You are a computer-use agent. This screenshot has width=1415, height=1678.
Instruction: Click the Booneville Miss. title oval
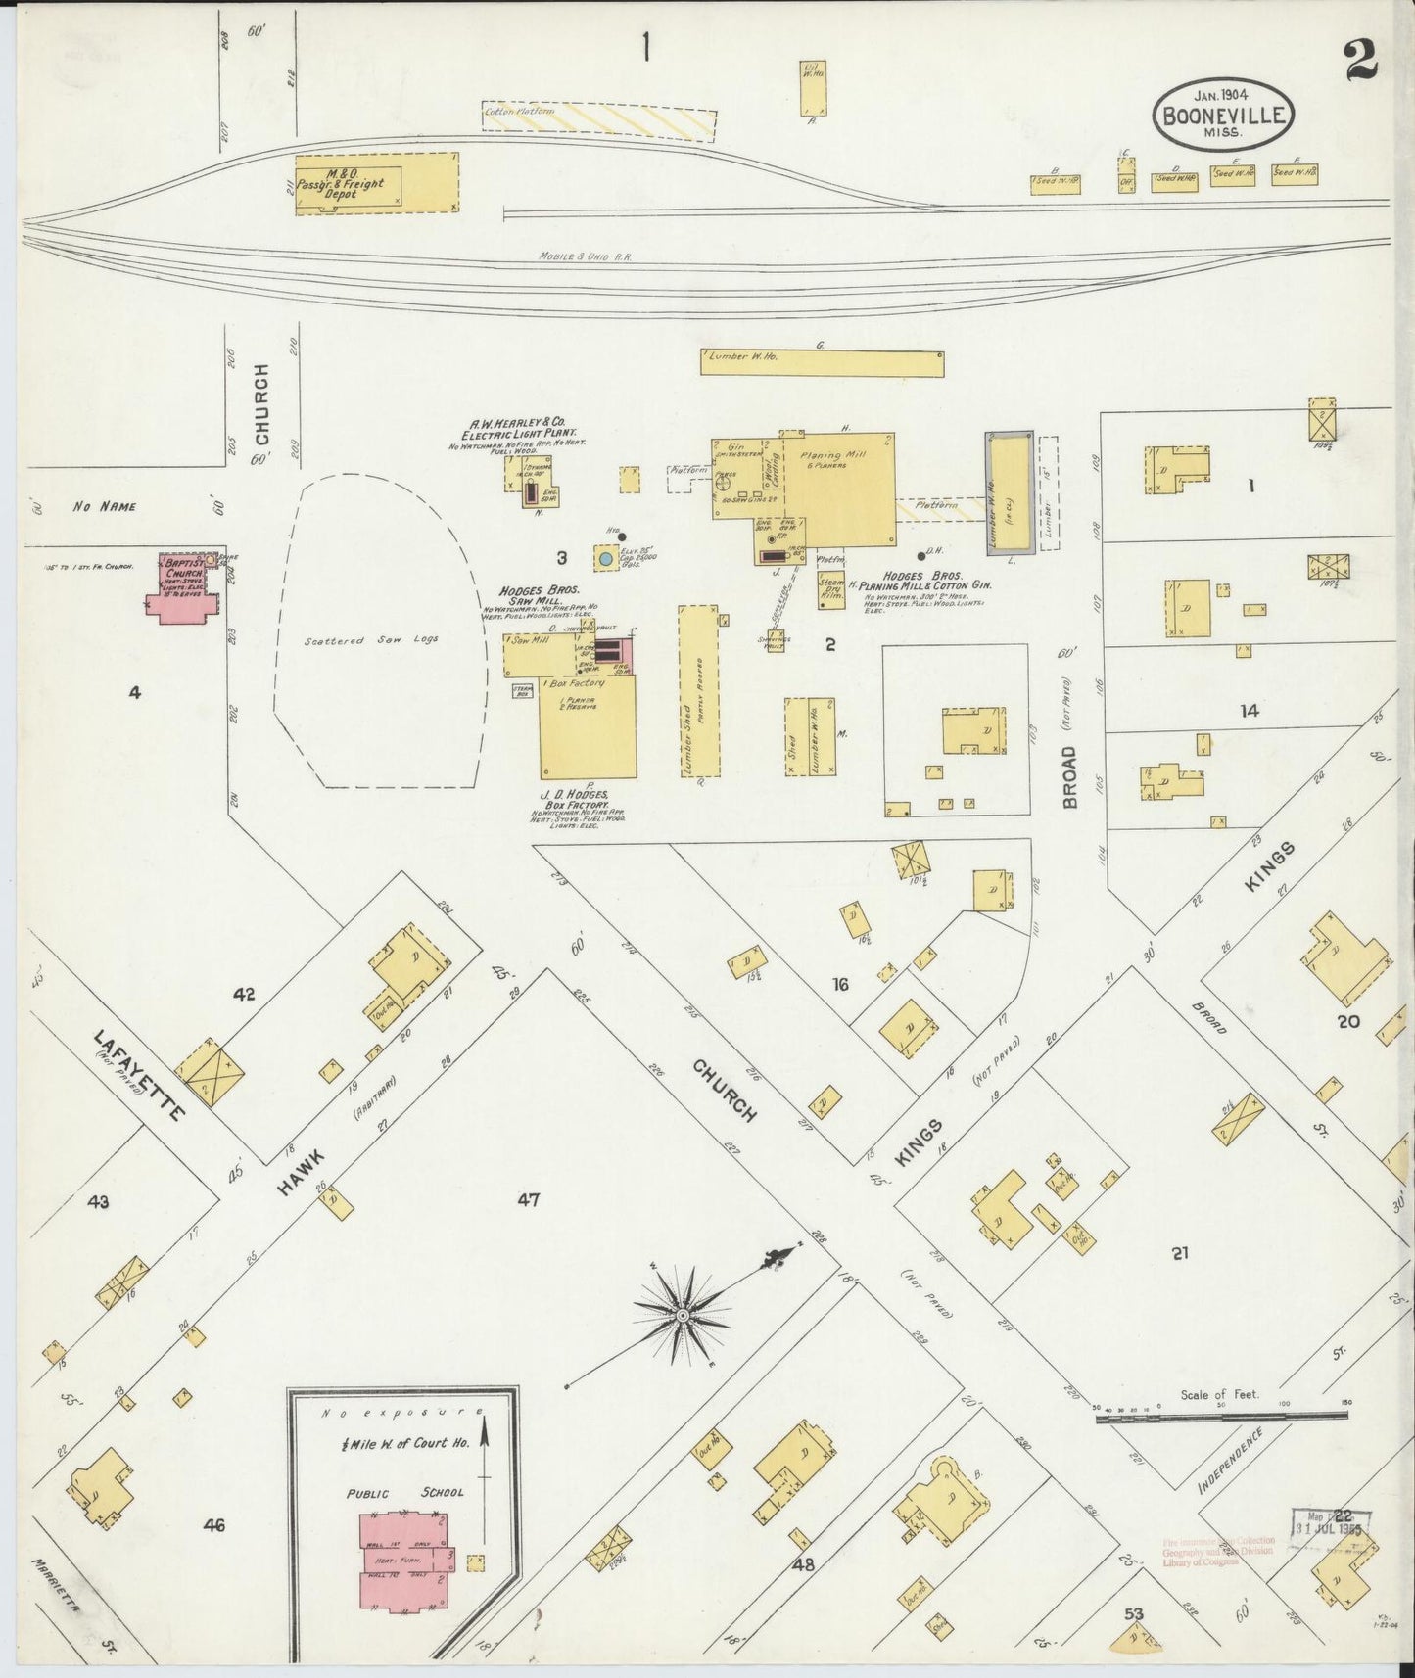[1223, 113]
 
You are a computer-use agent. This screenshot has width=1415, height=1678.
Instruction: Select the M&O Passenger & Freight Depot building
[376, 182]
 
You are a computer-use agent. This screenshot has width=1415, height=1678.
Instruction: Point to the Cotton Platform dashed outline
[598, 120]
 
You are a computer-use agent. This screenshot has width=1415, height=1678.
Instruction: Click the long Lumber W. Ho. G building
[822, 363]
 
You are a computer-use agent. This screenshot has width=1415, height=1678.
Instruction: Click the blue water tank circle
[605, 558]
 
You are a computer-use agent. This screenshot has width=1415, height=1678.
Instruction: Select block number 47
[528, 1200]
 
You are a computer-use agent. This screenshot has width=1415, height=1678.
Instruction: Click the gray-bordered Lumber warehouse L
[1009, 492]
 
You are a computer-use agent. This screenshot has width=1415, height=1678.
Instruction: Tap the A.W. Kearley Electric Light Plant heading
[520, 427]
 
